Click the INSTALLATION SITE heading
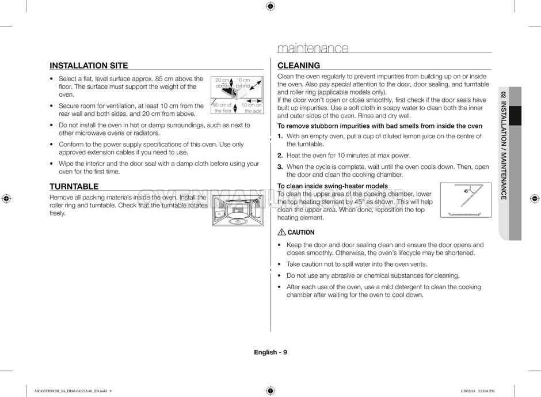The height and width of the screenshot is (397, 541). tap(89, 66)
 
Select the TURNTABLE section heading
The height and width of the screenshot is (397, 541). tap(74, 187)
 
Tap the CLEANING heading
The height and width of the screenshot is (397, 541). tap(299, 66)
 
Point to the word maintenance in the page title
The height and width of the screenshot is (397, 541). tap(313, 48)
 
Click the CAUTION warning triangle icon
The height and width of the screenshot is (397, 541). tap(281, 233)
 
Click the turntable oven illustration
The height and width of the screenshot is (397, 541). tap(237, 210)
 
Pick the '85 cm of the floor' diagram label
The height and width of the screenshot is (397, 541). tap(222, 108)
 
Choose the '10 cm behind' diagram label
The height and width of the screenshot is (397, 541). tap(243, 83)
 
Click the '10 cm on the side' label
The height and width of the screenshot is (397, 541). tap(252, 108)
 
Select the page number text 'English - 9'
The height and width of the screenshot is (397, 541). tap(270, 352)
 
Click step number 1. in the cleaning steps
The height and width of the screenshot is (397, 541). tap(280, 137)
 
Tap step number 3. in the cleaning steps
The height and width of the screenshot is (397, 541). tap(280, 167)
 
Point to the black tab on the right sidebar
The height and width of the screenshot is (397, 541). tap(515, 115)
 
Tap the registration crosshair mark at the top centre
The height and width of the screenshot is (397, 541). tap(270, 6)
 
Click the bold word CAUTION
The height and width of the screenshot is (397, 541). tap(301, 233)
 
